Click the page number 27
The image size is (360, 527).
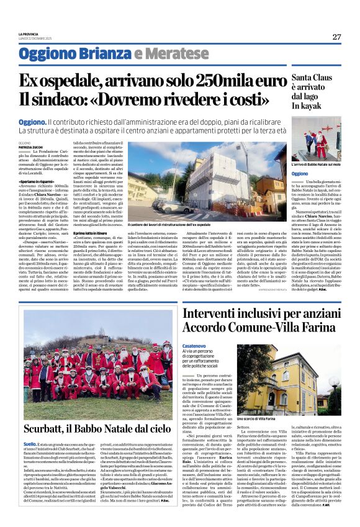coord(336,37)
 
